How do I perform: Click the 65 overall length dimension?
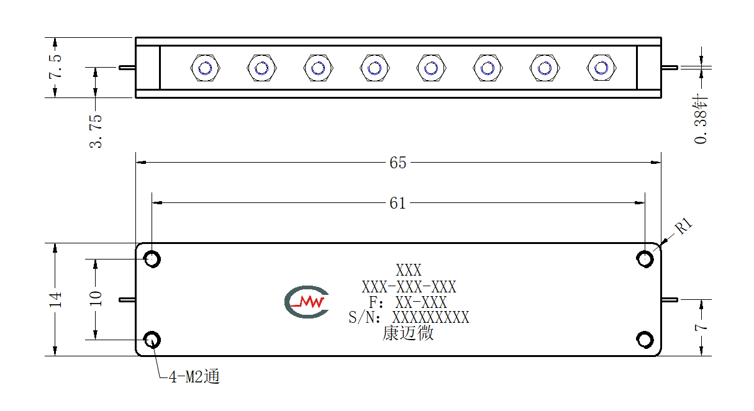[398, 163]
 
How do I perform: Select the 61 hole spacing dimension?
[398, 203]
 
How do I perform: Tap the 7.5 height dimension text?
[55, 66]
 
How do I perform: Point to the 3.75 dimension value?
[96, 131]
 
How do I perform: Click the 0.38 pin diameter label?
[701, 119]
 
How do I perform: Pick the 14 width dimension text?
[55, 300]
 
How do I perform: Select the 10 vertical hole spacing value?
[96, 298]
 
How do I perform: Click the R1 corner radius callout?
[684, 225]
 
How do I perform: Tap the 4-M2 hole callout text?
[194, 376]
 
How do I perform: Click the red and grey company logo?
[307, 302]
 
